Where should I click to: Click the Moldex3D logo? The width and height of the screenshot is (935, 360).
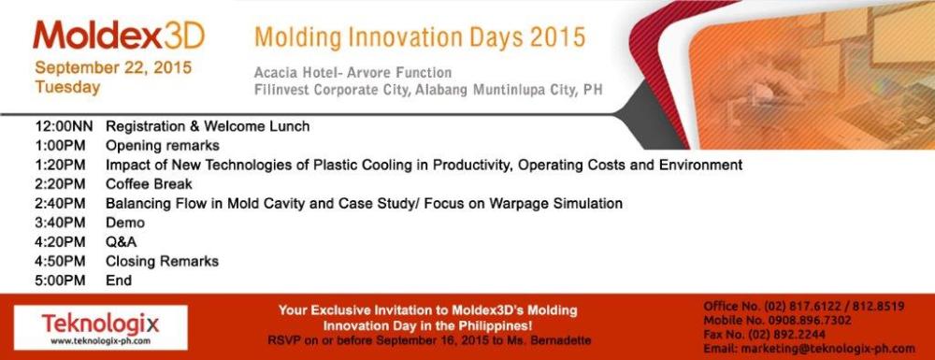tap(119, 36)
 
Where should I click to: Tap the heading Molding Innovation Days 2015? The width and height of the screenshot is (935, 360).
tap(420, 37)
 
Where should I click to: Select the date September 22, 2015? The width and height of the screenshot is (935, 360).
tap(113, 68)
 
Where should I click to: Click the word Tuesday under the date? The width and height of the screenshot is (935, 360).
tap(67, 87)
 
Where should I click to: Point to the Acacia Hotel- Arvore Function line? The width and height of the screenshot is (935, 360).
tap(353, 73)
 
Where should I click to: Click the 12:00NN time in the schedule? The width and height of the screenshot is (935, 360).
tap(65, 126)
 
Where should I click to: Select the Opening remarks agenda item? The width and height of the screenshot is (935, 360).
tap(162, 146)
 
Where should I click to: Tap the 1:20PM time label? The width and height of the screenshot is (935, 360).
tap(60, 165)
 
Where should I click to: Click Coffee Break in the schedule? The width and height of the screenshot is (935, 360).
tap(149, 184)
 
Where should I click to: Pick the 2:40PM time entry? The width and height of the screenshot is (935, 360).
tap(60, 203)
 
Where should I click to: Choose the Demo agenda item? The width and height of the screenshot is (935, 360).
tap(125, 223)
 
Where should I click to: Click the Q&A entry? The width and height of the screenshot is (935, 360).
tap(121, 242)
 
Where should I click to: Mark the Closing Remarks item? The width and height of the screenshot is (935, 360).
tap(162, 261)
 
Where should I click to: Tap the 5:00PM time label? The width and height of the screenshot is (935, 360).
tap(60, 281)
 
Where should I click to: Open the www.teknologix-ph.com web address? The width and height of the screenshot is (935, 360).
tap(100, 341)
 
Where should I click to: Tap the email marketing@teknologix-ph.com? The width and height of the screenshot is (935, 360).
tap(827, 349)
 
